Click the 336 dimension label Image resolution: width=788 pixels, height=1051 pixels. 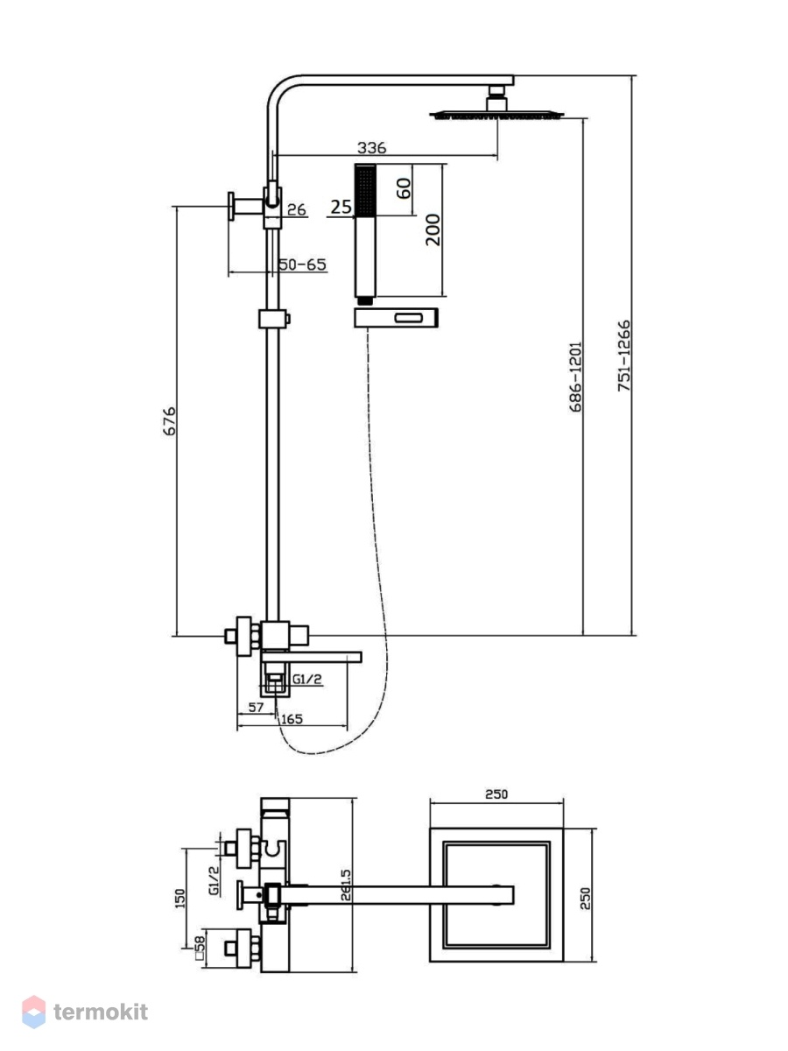371,148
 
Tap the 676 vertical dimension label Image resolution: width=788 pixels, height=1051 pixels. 169,421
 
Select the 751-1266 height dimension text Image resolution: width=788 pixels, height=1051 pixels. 624,356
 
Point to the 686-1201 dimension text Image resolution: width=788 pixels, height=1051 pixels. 576,377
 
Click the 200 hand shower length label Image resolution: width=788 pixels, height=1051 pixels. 433,229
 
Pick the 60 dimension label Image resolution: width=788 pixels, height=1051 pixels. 404,188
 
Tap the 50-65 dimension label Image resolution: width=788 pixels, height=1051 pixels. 302,265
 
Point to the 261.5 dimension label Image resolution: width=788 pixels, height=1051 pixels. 347,885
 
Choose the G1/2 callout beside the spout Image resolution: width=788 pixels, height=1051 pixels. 307,679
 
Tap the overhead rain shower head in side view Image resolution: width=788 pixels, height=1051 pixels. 496,116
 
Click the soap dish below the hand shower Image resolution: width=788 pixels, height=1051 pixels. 396,318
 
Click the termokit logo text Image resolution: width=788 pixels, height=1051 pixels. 101,1012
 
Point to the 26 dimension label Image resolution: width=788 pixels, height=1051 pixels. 297,209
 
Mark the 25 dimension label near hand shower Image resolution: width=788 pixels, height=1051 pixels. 341,207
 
